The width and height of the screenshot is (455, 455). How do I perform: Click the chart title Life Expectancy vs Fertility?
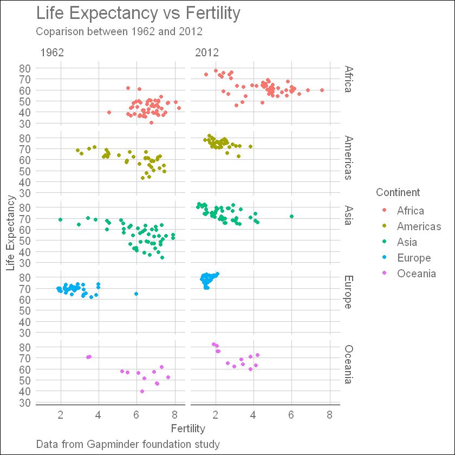coord(138,12)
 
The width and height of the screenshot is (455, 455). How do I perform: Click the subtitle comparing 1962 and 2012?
coord(119,31)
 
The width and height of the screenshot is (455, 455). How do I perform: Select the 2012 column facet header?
coord(207,53)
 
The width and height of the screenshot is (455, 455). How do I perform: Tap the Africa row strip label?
coord(349,79)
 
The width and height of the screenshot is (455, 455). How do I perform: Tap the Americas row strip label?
coord(349,157)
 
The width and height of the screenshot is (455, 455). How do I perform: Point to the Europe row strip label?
coord(349,292)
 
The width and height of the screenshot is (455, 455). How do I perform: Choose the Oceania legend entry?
coord(416,274)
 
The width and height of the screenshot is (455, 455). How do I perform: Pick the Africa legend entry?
coord(410,211)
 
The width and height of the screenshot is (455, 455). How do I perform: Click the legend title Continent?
coord(398,192)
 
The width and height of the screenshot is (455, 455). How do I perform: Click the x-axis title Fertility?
coord(187,428)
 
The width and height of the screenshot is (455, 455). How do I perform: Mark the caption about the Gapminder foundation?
coord(127,444)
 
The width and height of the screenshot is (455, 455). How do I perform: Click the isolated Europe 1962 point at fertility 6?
coord(136,294)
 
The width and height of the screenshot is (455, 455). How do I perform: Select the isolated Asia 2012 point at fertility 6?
coord(291,216)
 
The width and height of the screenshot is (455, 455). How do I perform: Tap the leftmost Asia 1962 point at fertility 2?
coord(60,219)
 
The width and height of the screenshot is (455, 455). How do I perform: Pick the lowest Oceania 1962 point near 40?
coord(142,391)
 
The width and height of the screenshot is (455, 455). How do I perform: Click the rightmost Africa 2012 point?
coord(322,90)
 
